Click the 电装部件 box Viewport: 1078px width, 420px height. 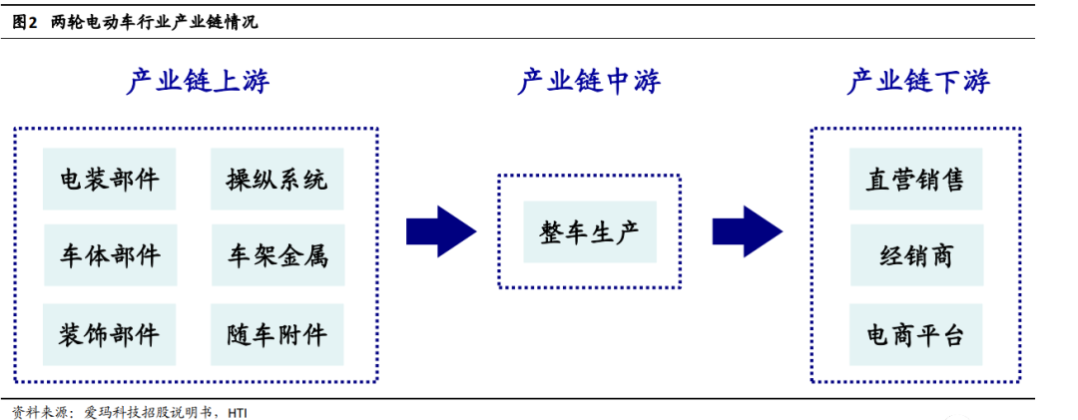(110, 179)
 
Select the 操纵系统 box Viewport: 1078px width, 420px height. (276, 179)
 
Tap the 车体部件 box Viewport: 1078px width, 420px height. (110, 255)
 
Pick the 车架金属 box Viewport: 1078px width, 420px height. (276, 255)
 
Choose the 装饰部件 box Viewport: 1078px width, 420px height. (110, 333)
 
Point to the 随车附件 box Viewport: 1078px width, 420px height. (276, 333)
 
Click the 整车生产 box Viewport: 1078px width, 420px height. (590, 231)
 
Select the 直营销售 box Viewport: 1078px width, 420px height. (916, 179)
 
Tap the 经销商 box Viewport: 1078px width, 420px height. (916, 255)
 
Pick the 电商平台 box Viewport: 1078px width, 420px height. (916, 333)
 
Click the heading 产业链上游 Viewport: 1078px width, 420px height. (198, 82)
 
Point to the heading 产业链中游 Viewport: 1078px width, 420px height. (589, 82)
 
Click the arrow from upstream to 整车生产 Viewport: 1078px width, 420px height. (440, 230)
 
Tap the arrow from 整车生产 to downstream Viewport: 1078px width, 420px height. (747, 230)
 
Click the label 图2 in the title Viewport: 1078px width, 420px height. (25, 22)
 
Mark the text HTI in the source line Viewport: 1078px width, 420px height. (238, 411)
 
